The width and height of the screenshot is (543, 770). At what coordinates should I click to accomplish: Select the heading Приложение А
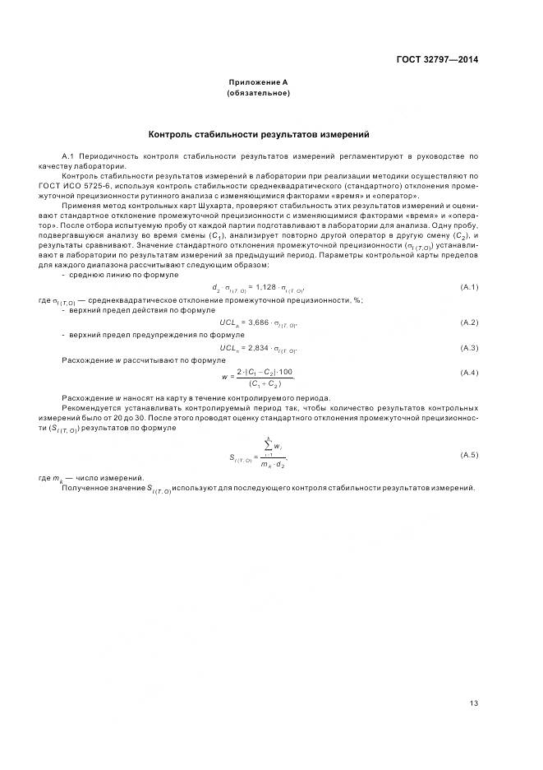click(x=259, y=82)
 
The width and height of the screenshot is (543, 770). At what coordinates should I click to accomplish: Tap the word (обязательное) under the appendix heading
click(x=259, y=93)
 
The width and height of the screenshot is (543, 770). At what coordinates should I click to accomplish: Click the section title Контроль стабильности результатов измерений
click(x=259, y=133)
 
